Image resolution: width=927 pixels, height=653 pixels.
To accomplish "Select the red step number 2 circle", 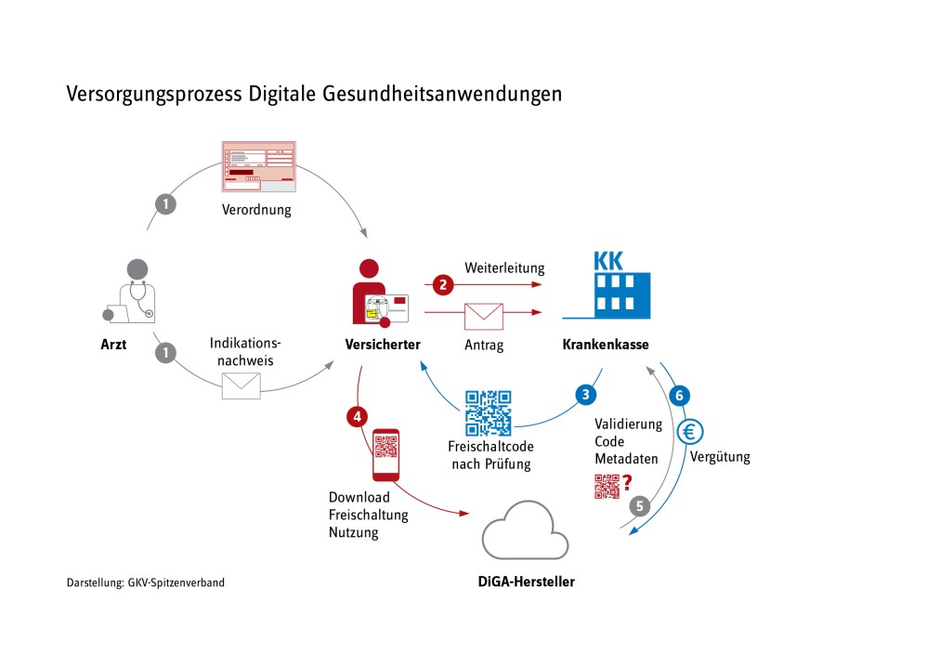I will pyautogui.click(x=443, y=283).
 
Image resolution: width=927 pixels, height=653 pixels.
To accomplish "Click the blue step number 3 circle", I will pyautogui.click(x=585, y=393).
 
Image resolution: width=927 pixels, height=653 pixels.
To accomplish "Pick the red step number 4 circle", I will pyautogui.click(x=357, y=416).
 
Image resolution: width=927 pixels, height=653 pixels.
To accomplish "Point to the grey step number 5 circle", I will pyautogui.click(x=638, y=505).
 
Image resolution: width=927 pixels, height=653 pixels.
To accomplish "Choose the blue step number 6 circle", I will pyautogui.click(x=678, y=395).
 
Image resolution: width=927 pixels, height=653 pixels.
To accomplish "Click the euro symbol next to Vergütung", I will pyautogui.click(x=691, y=431).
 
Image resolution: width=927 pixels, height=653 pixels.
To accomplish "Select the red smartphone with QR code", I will pyautogui.click(x=385, y=455).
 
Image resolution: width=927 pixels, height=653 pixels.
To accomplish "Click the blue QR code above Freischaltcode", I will pyautogui.click(x=488, y=413).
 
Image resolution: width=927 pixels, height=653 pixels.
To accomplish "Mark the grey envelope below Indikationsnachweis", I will pyautogui.click(x=241, y=385).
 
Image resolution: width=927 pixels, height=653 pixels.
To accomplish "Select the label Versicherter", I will pyautogui.click(x=382, y=345).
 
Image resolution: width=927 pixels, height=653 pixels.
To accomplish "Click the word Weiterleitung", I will pyautogui.click(x=504, y=268).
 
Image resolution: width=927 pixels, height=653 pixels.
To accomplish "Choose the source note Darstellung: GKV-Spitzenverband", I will pyautogui.click(x=145, y=583).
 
